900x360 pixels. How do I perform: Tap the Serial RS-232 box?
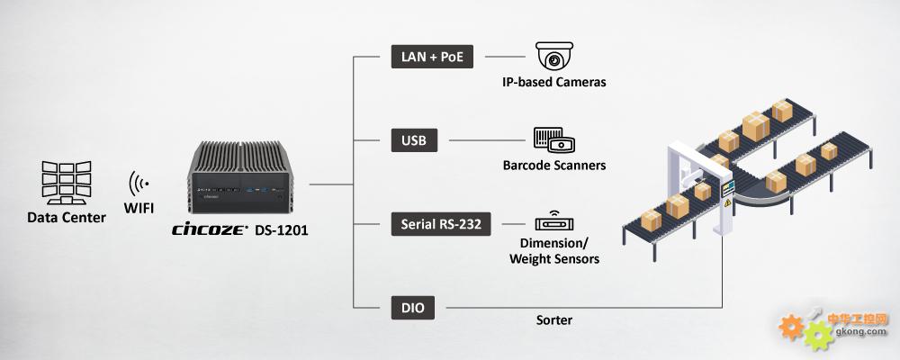point(441,224)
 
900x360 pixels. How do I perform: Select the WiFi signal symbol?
point(139,184)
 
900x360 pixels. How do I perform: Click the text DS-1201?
point(282,230)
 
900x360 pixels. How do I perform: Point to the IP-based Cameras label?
point(553,82)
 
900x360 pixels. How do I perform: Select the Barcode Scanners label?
point(553,166)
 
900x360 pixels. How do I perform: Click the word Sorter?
point(553,319)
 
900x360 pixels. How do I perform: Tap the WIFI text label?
point(139,209)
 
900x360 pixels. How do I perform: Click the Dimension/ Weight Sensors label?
point(553,251)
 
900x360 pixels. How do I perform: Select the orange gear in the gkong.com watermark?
point(793,325)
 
